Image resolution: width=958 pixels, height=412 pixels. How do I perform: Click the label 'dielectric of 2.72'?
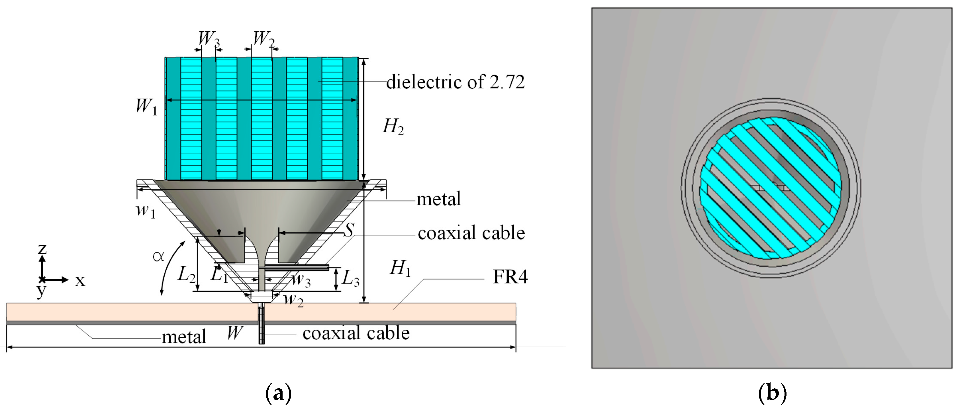[x=455, y=82]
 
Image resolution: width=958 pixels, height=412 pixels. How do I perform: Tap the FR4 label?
[x=510, y=277]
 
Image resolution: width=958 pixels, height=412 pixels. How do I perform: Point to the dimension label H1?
[x=401, y=268]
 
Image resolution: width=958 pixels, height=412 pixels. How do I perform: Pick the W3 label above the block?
[x=208, y=38]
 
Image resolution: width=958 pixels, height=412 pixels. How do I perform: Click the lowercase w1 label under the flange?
[x=145, y=211]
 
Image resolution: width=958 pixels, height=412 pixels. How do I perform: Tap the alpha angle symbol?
[x=158, y=256]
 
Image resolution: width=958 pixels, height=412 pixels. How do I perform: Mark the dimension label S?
[x=348, y=231]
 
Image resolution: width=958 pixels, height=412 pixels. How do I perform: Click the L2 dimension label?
[x=186, y=275]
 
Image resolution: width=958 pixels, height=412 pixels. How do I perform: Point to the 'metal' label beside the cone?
[x=438, y=199]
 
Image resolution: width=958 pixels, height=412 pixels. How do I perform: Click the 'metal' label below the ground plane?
[x=184, y=337]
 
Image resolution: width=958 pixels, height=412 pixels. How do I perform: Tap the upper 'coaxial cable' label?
[x=471, y=233]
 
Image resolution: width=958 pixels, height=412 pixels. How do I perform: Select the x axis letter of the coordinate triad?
[x=80, y=281]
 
